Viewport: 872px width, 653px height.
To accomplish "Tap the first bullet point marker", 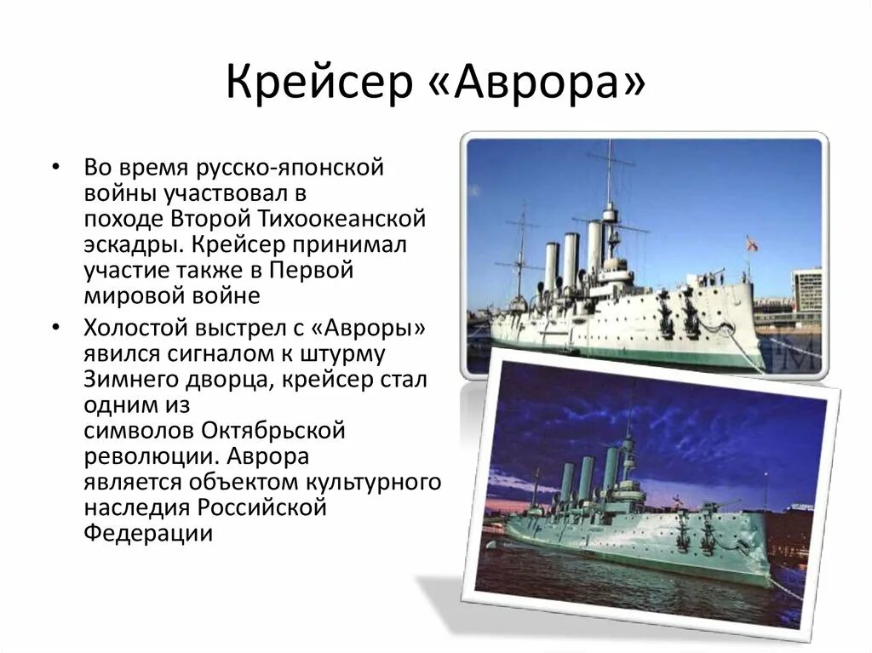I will [55, 167].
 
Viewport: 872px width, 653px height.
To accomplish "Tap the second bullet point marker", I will [55, 327].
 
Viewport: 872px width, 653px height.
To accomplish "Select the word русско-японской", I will [290, 167].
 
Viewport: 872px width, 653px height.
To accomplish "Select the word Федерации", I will [146, 533].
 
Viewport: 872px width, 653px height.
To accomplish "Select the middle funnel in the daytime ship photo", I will [571, 261].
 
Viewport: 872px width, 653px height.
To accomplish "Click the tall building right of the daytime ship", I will [807, 289].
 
